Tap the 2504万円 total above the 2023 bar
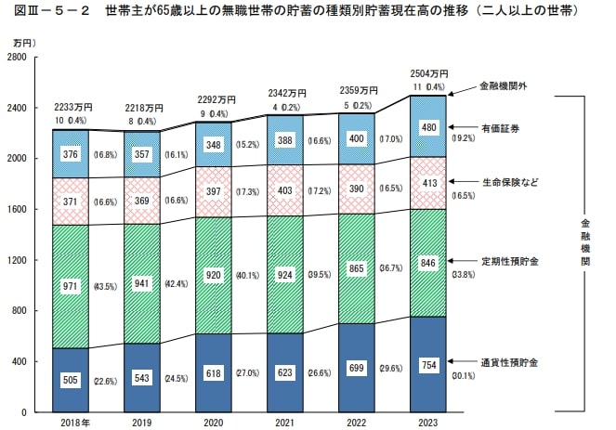pos(428,73)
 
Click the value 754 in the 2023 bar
pos(428,364)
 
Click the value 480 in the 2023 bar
pos(428,127)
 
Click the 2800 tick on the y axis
pos(17,58)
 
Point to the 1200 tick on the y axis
pos(17,260)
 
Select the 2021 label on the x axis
pos(285,423)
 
